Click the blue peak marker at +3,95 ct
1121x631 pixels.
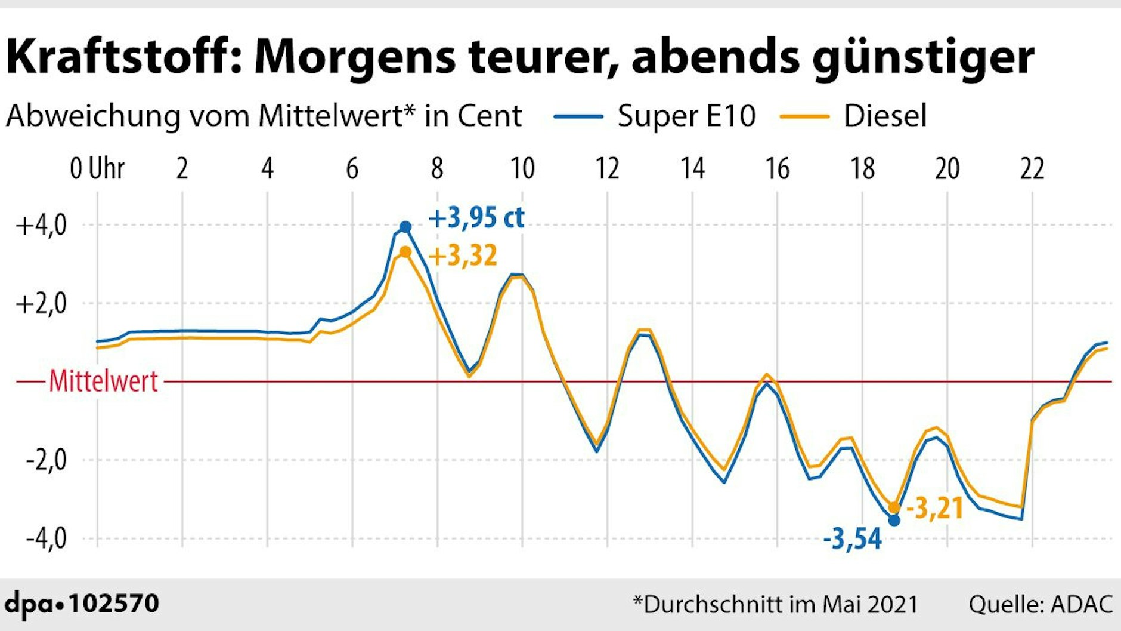coord(405,227)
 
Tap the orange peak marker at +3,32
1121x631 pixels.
coord(405,253)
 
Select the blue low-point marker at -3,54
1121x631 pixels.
coord(894,521)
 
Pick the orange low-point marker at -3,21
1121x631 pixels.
coord(894,507)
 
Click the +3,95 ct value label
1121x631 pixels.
coord(476,218)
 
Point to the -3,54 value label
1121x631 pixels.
coord(852,539)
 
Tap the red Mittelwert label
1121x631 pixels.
coord(103,381)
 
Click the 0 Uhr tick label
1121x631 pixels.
coord(97,169)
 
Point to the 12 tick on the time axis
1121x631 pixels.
coord(607,169)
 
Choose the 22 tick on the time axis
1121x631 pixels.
coord(1032,169)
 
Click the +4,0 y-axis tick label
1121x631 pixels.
coord(41,226)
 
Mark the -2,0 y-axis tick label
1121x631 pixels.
coord(46,460)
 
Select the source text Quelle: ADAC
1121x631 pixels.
coord(1040,604)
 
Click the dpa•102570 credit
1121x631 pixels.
coord(82,603)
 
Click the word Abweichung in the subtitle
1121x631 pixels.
coord(92,116)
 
